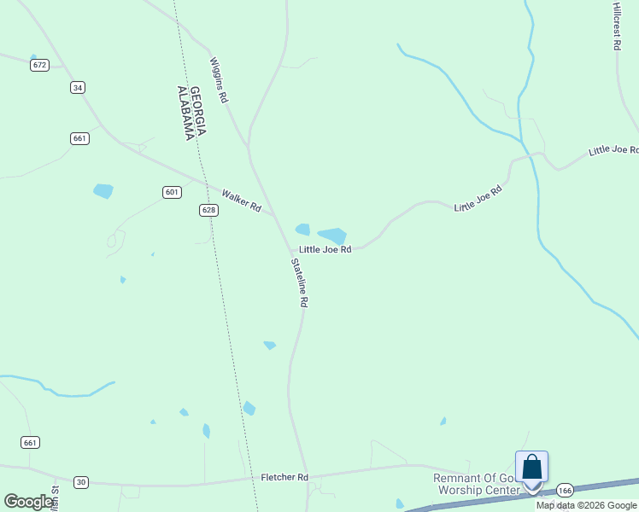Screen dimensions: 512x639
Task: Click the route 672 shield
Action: click(38, 65)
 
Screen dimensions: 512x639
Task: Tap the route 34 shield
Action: click(78, 87)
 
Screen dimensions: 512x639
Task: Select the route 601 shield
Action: click(172, 192)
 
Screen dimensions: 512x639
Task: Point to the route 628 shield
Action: click(208, 210)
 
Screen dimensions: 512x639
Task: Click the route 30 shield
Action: click(80, 482)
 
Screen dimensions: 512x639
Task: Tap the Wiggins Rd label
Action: click(220, 80)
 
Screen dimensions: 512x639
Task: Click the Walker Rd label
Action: click(241, 201)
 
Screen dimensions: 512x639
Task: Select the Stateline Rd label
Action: click(299, 282)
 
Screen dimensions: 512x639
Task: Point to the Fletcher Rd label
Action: click(284, 477)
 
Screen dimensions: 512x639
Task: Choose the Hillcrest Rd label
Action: click(616, 26)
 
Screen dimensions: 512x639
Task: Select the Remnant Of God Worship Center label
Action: click(478, 484)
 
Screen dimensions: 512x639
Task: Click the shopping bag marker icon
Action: click(531, 468)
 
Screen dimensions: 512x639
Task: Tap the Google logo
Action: click(29, 501)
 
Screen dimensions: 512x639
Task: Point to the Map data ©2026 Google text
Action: click(587, 505)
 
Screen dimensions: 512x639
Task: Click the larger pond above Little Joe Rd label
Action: click(331, 235)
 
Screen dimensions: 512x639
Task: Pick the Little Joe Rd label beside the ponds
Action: click(325, 249)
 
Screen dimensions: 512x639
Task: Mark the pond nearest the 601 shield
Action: click(103, 190)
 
